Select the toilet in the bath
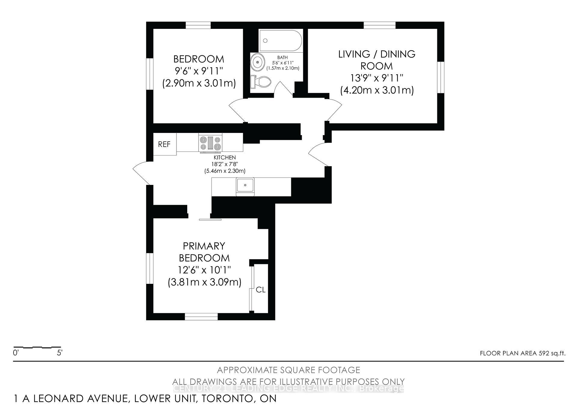click(261, 81)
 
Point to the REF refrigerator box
click(164, 144)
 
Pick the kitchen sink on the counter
click(245, 186)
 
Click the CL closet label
click(261, 290)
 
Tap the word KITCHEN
click(224, 158)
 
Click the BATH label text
click(282, 57)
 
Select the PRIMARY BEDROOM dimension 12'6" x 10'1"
click(204, 270)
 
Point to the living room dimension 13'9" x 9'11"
click(377, 78)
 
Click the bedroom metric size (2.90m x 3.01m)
click(199, 83)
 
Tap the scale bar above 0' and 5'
click(37, 347)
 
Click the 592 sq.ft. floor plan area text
click(551, 353)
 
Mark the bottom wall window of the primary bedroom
click(201, 317)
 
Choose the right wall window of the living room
click(441, 77)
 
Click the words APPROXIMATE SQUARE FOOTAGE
click(288, 370)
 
